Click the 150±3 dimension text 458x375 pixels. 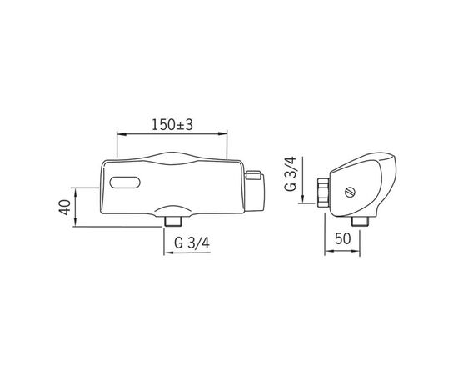click(172, 125)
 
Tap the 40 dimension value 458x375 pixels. click(66, 207)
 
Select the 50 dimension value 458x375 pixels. click(342, 238)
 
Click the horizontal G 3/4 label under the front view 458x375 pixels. click(192, 242)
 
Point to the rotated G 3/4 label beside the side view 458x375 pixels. click(291, 173)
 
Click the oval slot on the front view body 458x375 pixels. click(125, 182)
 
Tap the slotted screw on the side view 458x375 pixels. click(351, 192)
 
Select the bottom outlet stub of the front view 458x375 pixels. click(173, 221)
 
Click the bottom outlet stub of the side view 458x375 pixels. click(360, 222)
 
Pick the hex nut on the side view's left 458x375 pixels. click(323, 192)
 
